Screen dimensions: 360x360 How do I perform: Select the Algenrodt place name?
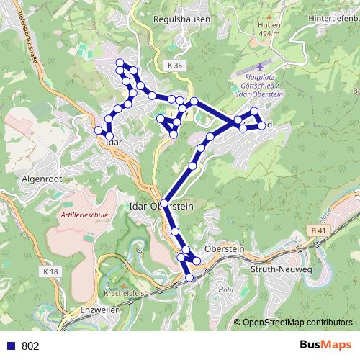(43, 177)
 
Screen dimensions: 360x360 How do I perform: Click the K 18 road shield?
(50, 271)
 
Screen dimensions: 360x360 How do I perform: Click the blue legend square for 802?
(11, 346)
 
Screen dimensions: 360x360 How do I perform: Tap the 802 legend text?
(30, 346)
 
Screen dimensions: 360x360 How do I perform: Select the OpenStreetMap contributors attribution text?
(297, 323)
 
